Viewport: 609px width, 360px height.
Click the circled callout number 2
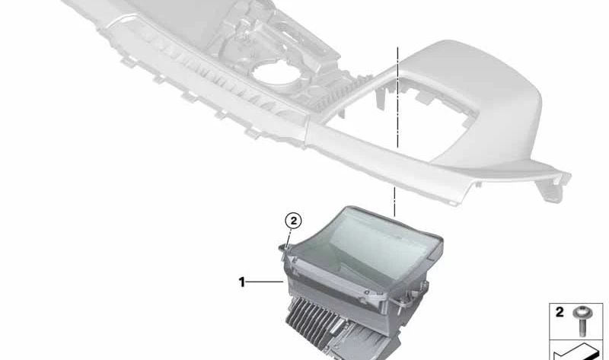293,221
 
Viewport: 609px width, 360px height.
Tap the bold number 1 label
241,282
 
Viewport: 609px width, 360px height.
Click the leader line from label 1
265,282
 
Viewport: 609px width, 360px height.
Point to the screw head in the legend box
583,311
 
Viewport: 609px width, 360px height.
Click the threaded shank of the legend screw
583,327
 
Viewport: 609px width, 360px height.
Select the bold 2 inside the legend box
560,312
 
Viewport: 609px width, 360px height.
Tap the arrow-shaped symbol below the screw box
576,352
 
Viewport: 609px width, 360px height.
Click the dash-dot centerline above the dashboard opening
397,97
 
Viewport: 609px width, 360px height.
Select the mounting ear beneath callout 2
284,250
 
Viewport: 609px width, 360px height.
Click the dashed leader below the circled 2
290,237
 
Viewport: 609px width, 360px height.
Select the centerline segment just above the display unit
394,202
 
